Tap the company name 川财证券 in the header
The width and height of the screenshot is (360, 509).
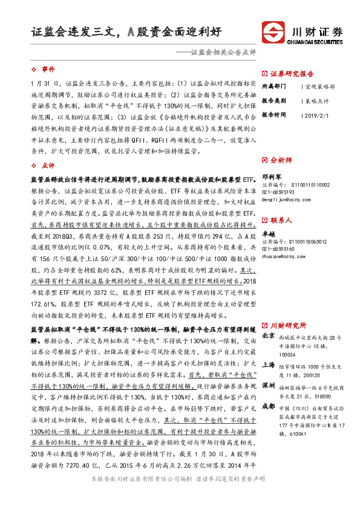coord(318,30)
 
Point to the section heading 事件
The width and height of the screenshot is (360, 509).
coord(48,70)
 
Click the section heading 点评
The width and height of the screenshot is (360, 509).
coord(48,165)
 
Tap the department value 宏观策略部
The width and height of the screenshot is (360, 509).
coord(319,86)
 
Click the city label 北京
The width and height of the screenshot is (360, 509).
coord(268,335)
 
